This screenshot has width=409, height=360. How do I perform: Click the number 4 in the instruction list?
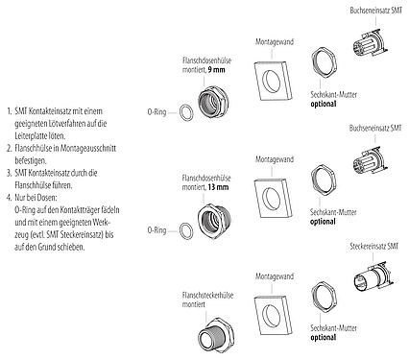[x=7, y=196]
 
